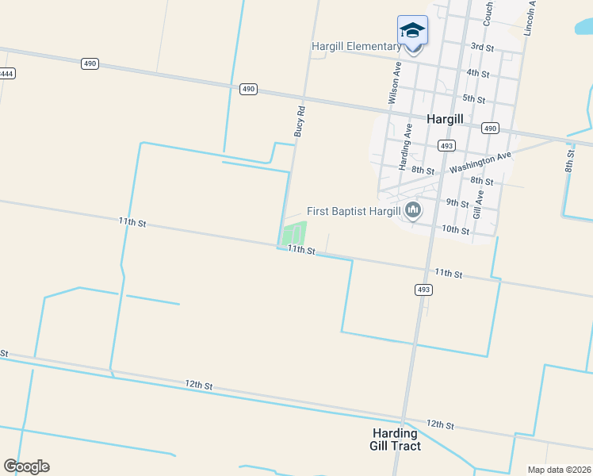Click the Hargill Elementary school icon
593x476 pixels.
[412, 30]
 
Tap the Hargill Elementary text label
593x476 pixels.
[356, 47]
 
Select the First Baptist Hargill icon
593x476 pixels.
[412, 210]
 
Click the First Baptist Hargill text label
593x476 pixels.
[354, 212]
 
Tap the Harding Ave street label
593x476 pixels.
[405, 147]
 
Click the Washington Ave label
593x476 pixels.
[480, 163]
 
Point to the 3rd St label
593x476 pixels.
[482, 48]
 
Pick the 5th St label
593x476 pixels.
[473, 98]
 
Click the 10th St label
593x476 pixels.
[455, 229]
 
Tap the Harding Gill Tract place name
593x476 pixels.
[395, 440]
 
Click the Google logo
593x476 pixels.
[26, 466]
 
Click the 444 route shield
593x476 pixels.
[6, 73]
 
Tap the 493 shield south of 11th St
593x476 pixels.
[423, 290]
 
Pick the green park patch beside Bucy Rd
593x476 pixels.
[294, 233]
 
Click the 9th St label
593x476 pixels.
[457, 202]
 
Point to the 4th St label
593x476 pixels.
[478, 73]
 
